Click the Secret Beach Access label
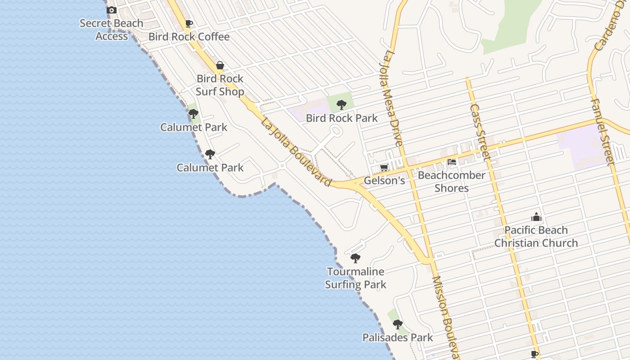111,30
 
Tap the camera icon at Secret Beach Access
111,10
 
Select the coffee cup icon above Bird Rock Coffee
189,23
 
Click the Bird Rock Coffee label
189,37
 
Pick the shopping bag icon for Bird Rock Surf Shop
220,66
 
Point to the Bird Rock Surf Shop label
220,85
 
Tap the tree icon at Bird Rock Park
342,105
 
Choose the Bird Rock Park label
342,118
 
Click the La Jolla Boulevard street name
296,152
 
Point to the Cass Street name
479,132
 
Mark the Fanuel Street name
602,131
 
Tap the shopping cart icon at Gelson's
384,168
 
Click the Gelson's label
384,181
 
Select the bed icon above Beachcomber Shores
452,162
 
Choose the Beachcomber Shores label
451,181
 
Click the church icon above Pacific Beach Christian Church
536,217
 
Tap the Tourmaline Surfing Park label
355,278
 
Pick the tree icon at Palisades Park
397,324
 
